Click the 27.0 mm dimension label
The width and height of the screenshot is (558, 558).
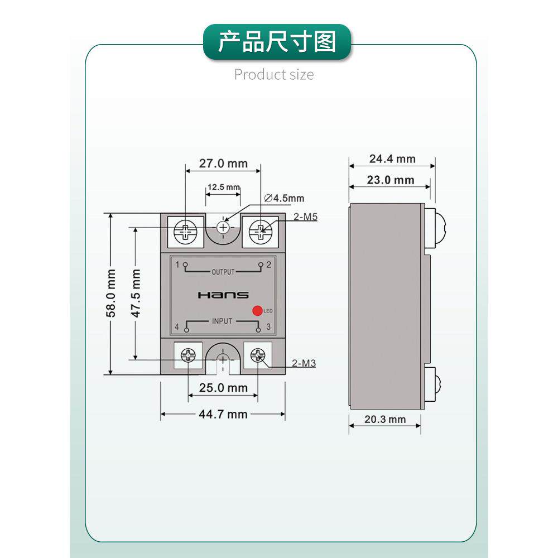coord(223,163)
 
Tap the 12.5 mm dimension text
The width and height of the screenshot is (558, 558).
coord(223,187)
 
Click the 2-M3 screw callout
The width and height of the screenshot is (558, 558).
coord(304,363)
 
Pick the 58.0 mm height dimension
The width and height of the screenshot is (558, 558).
coord(112,294)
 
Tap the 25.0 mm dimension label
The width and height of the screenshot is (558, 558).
coord(223,387)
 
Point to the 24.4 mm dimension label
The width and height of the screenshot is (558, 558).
coord(392,158)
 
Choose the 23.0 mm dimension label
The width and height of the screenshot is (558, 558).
coord(391,180)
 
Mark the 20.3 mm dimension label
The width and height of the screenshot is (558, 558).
coord(385,419)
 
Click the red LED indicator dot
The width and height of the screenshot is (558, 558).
coord(257,311)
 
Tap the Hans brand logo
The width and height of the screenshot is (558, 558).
coord(223,295)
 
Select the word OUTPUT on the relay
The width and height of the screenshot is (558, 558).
coord(223,272)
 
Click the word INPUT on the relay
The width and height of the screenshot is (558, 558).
coord(223,321)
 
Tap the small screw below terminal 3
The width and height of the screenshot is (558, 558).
coord(257,355)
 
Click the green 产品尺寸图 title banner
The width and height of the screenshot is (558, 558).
coord(277,42)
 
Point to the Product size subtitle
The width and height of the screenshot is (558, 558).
coord(274,74)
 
